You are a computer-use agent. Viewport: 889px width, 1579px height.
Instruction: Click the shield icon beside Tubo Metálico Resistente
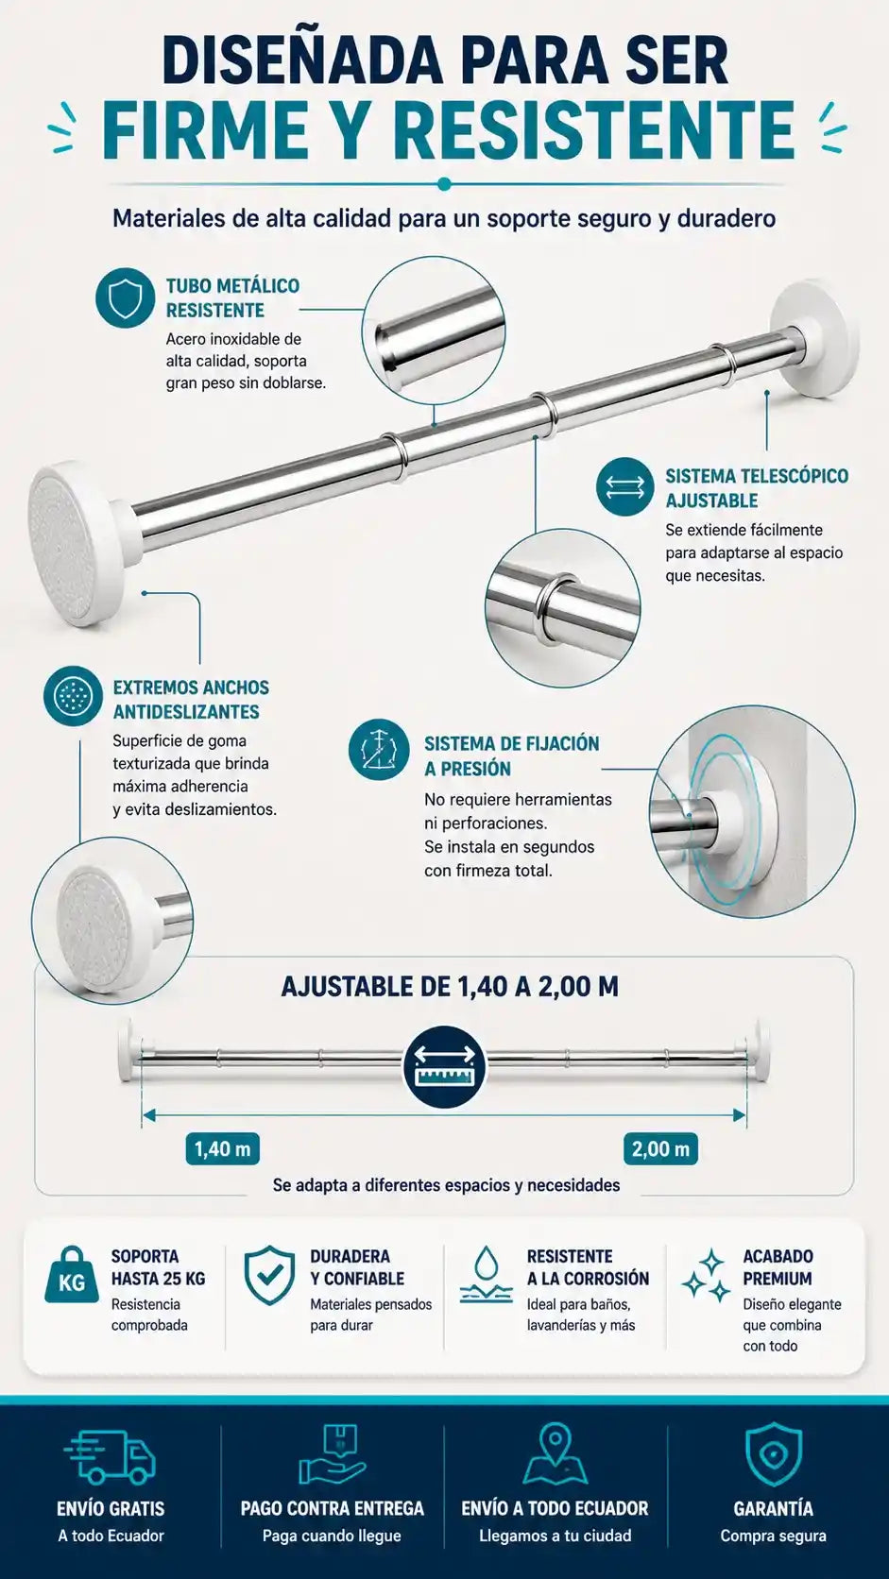pos(126,297)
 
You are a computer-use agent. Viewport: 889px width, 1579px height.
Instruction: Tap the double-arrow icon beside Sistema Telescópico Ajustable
pos(624,486)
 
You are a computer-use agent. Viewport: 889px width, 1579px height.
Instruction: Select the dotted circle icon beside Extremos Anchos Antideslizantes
pos(73,696)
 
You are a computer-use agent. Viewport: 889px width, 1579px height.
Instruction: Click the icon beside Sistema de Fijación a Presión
pos(379,749)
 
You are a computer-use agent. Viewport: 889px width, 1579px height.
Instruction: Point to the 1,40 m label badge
pos(223,1149)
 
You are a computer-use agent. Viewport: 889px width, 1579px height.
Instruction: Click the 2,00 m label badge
pos(660,1149)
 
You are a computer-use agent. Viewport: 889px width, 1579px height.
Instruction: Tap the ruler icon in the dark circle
pos(445,1066)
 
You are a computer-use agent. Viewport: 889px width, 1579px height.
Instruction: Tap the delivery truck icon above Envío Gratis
pos(110,1459)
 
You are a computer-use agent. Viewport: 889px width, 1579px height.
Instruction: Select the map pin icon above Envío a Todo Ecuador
pos(555,1454)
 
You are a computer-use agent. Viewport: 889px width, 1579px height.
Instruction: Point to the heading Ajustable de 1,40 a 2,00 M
pos(450,987)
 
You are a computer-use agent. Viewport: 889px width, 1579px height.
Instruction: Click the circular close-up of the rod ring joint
pos(562,607)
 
